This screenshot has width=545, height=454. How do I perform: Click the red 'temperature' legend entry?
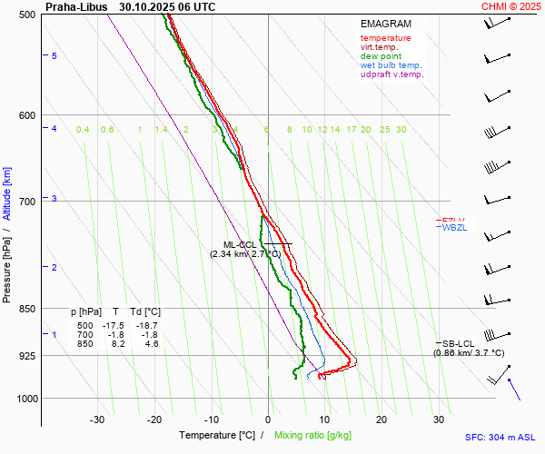click(x=385, y=38)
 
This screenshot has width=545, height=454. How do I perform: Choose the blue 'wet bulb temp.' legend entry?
click(x=391, y=65)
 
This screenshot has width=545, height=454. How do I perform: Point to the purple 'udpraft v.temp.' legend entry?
click(x=391, y=74)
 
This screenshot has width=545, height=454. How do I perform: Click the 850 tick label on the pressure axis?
click(x=27, y=309)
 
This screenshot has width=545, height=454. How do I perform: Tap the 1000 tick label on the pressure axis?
click(x=25, y=399)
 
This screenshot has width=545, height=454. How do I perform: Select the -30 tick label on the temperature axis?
click(x=97, y=419)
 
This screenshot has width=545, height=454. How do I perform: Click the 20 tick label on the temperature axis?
click(x=381, y=419)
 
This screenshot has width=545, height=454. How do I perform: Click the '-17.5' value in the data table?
click(x=113, y=325)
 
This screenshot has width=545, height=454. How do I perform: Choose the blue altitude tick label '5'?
click(x=54, y=56)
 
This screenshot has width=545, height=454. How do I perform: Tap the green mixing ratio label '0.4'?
click(x=83, y=130)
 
